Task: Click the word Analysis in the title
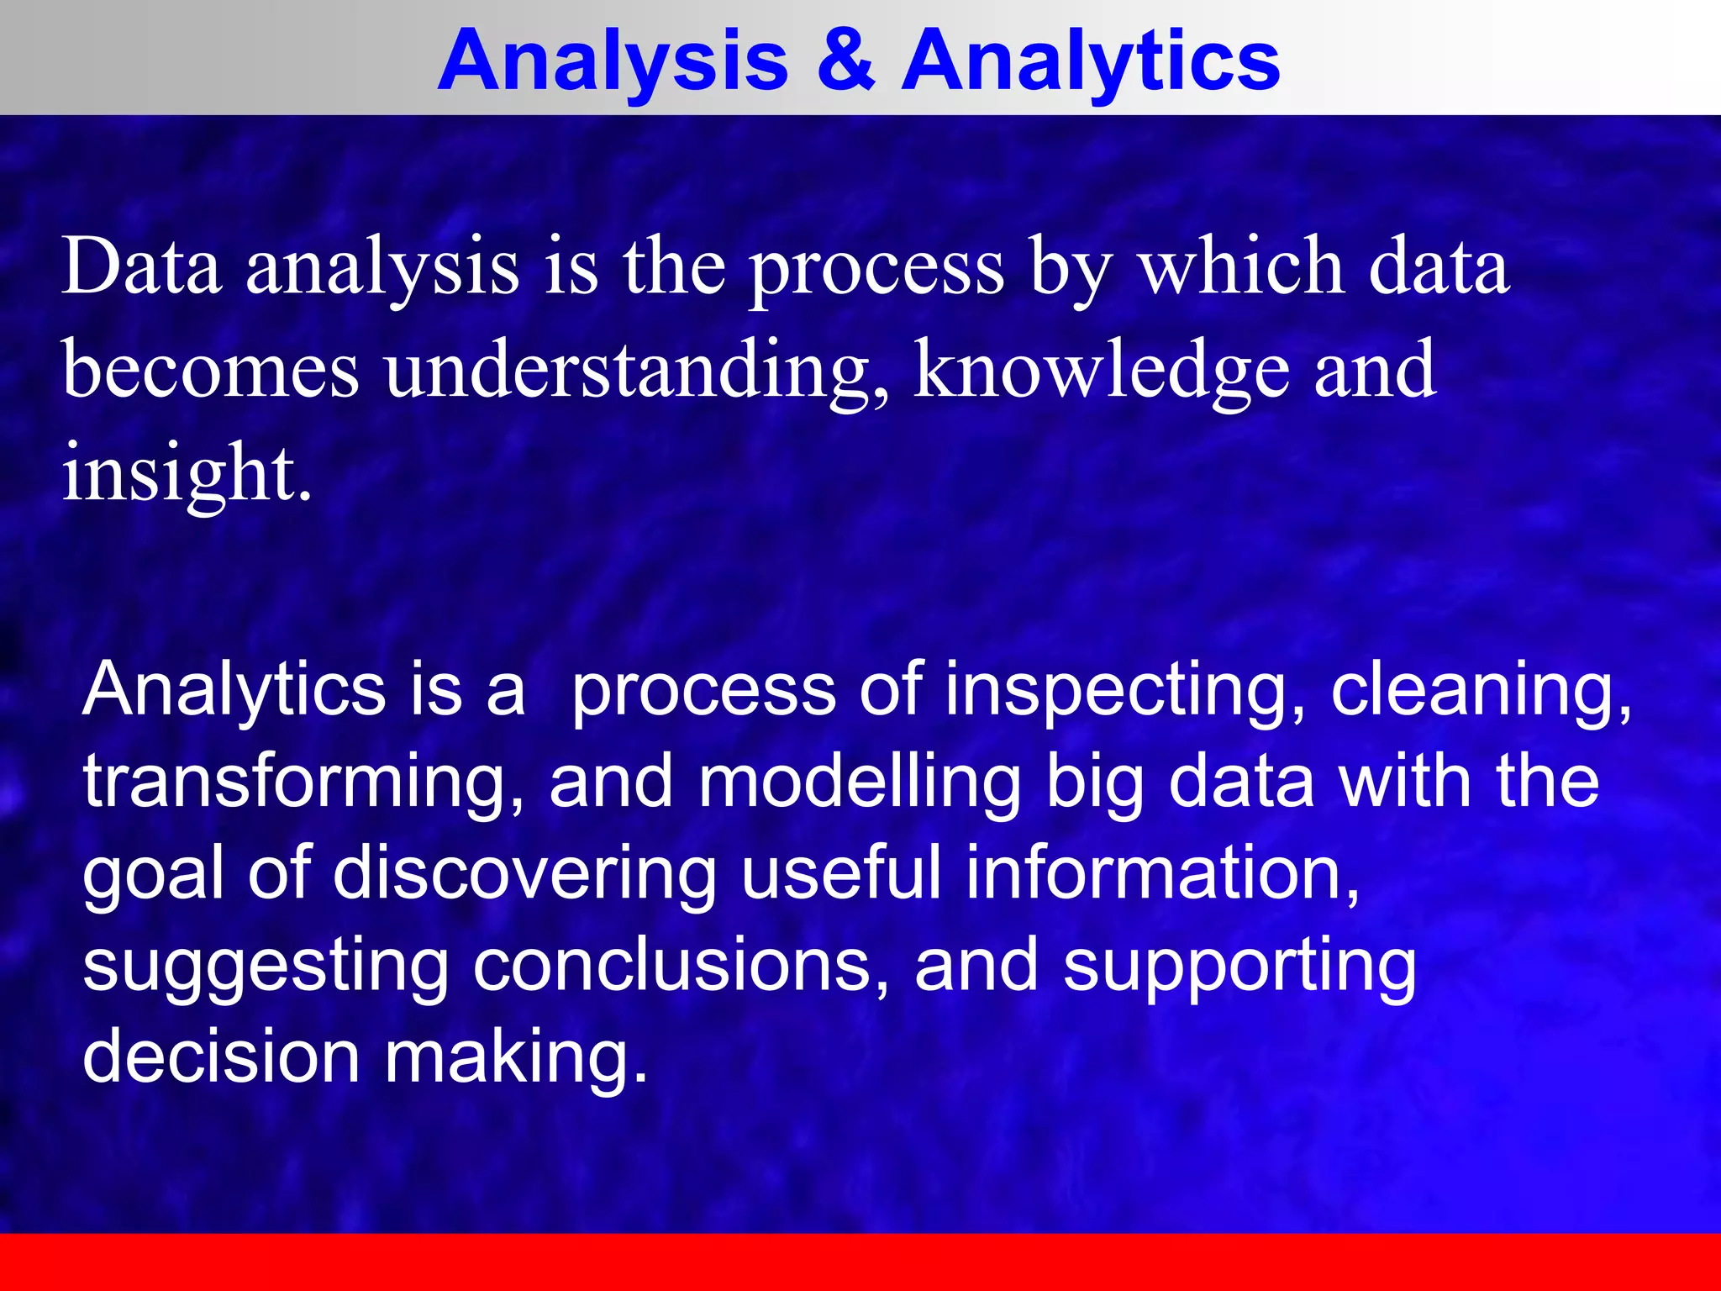tap(613, 61)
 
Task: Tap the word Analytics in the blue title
tap(1090, 61)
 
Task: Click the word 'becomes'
tap(210, 370)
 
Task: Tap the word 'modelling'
tap(860, 782)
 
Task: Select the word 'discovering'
tap(525, 874)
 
